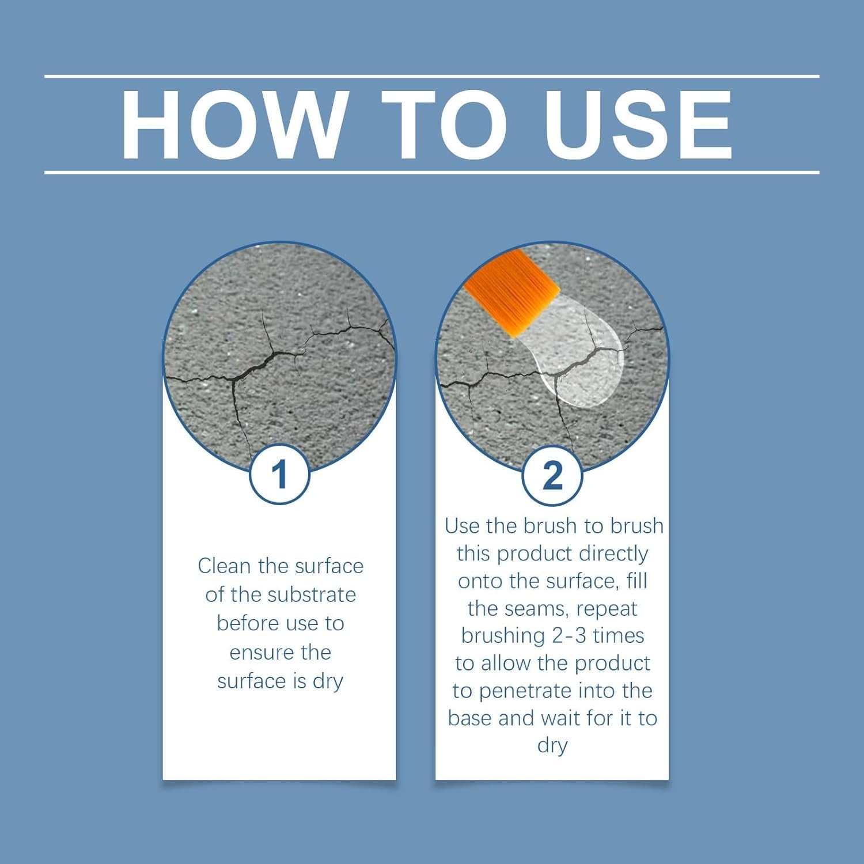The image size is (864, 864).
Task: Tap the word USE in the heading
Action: point(639,124)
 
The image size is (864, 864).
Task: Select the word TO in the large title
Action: point(444,124)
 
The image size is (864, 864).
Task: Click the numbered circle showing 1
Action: point(280,475)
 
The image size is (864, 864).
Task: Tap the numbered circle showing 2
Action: point(552,475)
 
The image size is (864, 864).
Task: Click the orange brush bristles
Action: point(511,291)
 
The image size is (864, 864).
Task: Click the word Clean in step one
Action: point(225,566)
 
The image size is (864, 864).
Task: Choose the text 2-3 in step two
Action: point(567,635)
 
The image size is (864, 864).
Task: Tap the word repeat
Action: point(607,608)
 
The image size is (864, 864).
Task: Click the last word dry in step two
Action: point(552,745)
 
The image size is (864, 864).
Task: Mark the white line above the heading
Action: point(432,76)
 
